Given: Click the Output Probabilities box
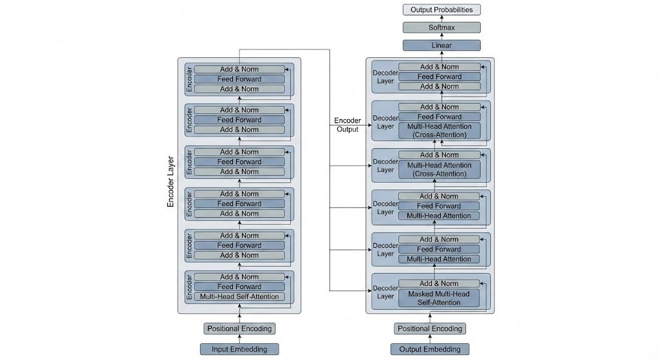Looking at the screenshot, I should [x=441, y=10].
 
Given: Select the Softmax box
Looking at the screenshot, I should [x=441, y=28].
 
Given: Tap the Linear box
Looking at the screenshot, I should [x=441, y=46].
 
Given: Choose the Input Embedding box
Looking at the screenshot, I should [x=239, y=349].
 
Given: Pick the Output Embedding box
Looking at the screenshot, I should [x=430, y=349].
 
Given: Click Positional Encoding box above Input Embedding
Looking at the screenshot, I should [x=239, y=328].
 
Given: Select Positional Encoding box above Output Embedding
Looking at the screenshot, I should [x=430, y=328].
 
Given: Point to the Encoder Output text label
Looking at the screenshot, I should [x=348, y=125].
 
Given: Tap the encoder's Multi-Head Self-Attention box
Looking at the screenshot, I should [x=239, y=297].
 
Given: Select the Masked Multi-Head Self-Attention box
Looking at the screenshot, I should [x=440, y=298].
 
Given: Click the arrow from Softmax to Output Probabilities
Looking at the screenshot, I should [x=441, y=19].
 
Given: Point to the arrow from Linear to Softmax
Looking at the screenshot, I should [x=441, y=37].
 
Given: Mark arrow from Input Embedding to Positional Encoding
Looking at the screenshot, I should [x=239, y=339].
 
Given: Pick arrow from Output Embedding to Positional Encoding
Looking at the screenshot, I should [x=430, y=339].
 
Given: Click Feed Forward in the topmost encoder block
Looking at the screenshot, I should [x=239, y=79].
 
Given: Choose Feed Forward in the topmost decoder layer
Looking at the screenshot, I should [x=440, y=77].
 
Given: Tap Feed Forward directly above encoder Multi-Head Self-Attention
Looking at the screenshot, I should [x=239, y=287].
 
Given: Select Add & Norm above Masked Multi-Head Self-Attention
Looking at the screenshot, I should [x=440, y=283].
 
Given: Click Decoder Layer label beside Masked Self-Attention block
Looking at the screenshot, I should [x=385, y=292].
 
